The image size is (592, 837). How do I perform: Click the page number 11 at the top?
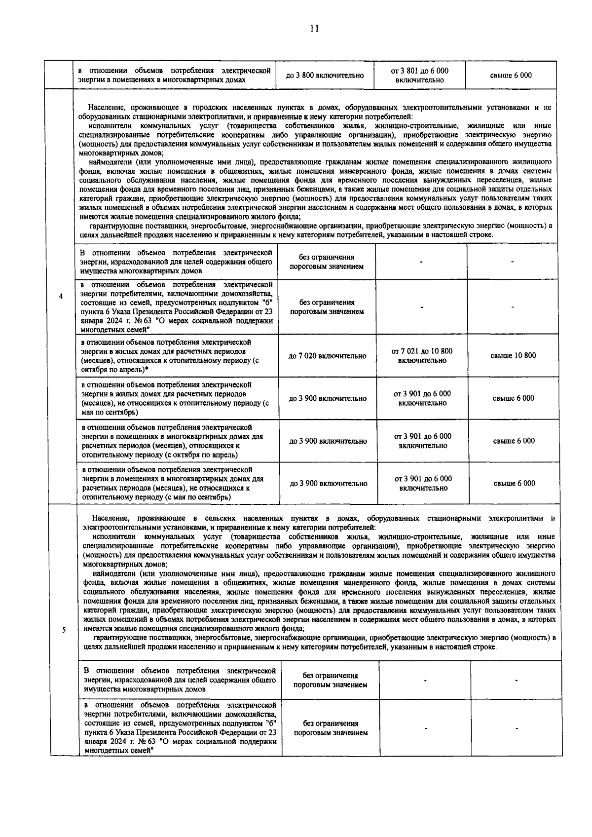[314, 29]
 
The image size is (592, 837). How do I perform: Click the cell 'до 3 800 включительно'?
[325, 76]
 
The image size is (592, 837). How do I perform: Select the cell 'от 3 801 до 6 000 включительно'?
[420, 76]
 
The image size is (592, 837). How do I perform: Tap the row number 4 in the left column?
[61, 297]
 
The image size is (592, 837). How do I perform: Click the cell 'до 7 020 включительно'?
[328, 356]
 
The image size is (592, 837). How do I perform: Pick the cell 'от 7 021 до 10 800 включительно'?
[422, 356]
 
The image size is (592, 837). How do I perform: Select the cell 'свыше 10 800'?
[513, 356]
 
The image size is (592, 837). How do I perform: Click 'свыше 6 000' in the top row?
[511, 76]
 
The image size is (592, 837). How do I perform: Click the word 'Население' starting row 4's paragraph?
[105, 108]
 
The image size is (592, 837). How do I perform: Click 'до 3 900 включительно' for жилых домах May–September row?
[328, 398]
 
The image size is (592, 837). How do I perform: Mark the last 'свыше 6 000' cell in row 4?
[514, 484]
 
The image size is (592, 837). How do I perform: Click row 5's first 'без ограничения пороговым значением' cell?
[330, 681]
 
